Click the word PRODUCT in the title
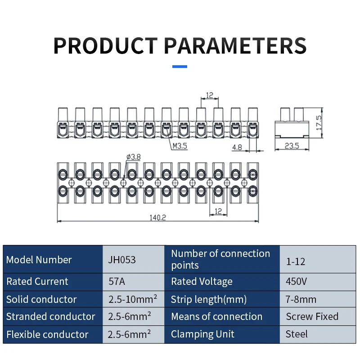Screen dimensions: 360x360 [106, 45]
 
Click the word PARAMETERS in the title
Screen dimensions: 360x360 [235, 45]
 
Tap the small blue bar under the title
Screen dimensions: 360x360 [180, 67]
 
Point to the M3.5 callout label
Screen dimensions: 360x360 [180, 146]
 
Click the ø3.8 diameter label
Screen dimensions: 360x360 [134, 157]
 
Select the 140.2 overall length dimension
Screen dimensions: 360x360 [158, 217]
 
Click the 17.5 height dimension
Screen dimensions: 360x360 [319, 123]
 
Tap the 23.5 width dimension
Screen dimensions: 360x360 [292, 146]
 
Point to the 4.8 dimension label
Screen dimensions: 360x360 [237, 147]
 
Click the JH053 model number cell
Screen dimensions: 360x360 [122, 260]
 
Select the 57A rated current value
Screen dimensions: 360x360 [117, 282]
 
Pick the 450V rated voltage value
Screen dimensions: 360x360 [296, 281]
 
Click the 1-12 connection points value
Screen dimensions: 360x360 [296, 261]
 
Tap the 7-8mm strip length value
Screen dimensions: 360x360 [301, 299]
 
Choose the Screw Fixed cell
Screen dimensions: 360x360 [312, 316]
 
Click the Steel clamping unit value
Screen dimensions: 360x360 [297, 334]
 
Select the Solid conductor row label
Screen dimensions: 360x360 [41, 299]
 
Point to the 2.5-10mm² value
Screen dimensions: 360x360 [133, 299]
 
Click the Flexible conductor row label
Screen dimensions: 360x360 [47, 334]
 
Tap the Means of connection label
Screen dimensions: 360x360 [216, 316]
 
